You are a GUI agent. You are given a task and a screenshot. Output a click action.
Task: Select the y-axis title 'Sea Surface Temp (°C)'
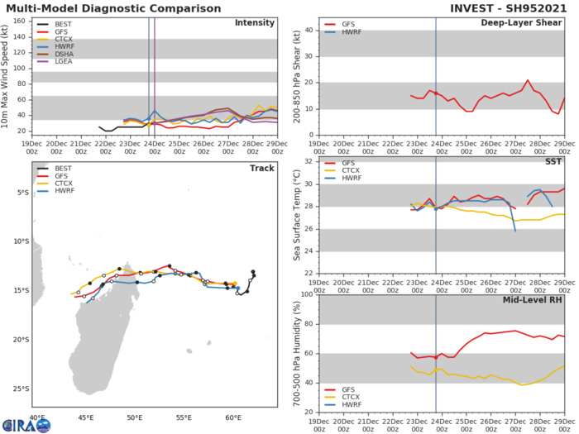click(296, 217)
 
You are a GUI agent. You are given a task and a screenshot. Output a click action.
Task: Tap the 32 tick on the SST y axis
click(311, 161)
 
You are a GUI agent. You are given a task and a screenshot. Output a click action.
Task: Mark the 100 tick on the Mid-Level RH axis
click(309, 294)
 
